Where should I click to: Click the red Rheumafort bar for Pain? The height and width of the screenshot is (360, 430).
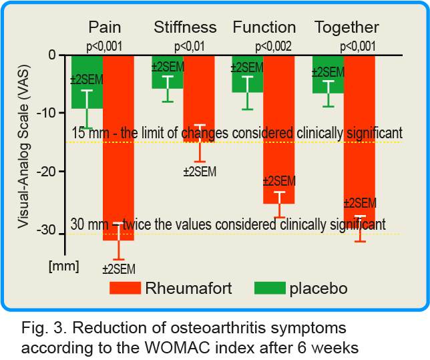[118, 148]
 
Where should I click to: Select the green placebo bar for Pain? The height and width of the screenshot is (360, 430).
[87, 82]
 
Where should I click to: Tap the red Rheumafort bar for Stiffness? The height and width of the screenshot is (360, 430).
[199, 99]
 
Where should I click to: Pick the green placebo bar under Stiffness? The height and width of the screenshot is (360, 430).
[168, 72]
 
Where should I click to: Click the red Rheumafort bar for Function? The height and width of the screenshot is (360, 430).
[279, 130]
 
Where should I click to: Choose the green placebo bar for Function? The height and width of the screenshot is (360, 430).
[248, 74]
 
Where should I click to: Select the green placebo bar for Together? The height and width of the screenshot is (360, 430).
[329, 75]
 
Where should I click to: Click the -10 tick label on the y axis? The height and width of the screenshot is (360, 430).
[46, 113]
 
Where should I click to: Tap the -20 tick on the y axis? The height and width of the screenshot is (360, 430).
[46, 172]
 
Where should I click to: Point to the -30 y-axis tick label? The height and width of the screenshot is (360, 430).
[46, 230]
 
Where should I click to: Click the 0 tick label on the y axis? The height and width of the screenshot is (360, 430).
[52, 55]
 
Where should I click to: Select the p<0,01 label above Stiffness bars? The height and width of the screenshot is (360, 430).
[190, 46]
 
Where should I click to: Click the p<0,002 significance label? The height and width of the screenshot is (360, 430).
[273, 46]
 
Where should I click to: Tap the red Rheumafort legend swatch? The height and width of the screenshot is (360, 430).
[125, 288]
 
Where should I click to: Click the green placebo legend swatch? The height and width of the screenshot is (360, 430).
[270, 288]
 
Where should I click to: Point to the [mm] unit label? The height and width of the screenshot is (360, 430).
[64, 266]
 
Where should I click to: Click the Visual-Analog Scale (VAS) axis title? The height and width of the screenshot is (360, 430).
[23, 146]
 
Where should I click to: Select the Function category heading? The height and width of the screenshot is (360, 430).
[264, 27]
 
